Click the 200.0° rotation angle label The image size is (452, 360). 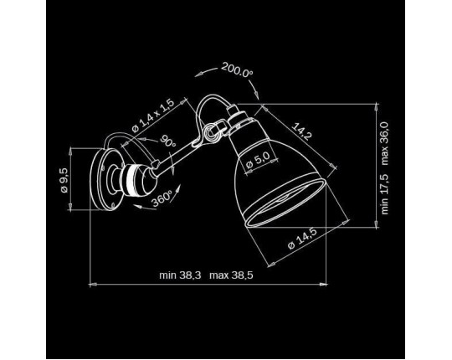237,69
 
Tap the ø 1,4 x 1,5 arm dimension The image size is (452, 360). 153,116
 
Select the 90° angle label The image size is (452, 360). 168,141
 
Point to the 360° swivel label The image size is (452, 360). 162,198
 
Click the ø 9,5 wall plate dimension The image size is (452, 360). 64,180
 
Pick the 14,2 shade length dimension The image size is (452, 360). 302,131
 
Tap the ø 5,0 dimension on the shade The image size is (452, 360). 258,160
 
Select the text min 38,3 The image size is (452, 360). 180,275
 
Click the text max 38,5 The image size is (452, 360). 231,275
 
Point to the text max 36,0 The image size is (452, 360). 384,143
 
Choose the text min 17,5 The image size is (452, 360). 384,194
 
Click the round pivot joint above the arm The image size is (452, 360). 210,131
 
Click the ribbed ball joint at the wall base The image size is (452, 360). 138,180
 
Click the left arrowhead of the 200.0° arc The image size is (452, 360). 198,75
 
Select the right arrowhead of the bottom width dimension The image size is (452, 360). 324,285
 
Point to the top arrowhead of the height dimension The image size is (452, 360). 376,107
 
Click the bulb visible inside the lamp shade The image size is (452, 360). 283,199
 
